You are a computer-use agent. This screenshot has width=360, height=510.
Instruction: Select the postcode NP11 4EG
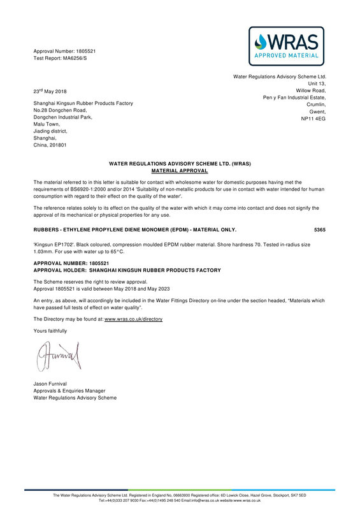click(x=313, y=119)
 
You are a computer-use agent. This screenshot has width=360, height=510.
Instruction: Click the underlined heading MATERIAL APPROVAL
click(x=179, y=171)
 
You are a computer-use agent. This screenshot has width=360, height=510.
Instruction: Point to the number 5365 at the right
click(x=320, y=229)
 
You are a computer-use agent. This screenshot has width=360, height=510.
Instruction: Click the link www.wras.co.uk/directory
click(x=133, y=319)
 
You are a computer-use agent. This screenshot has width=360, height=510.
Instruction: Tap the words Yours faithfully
click(x=50, y=331)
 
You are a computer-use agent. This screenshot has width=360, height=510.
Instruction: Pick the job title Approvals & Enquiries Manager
click(x=69, y=391)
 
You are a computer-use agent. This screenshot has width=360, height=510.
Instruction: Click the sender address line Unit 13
click(x=317, y=84)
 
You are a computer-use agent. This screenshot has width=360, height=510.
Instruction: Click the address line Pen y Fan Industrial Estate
click(x=294, y=98)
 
